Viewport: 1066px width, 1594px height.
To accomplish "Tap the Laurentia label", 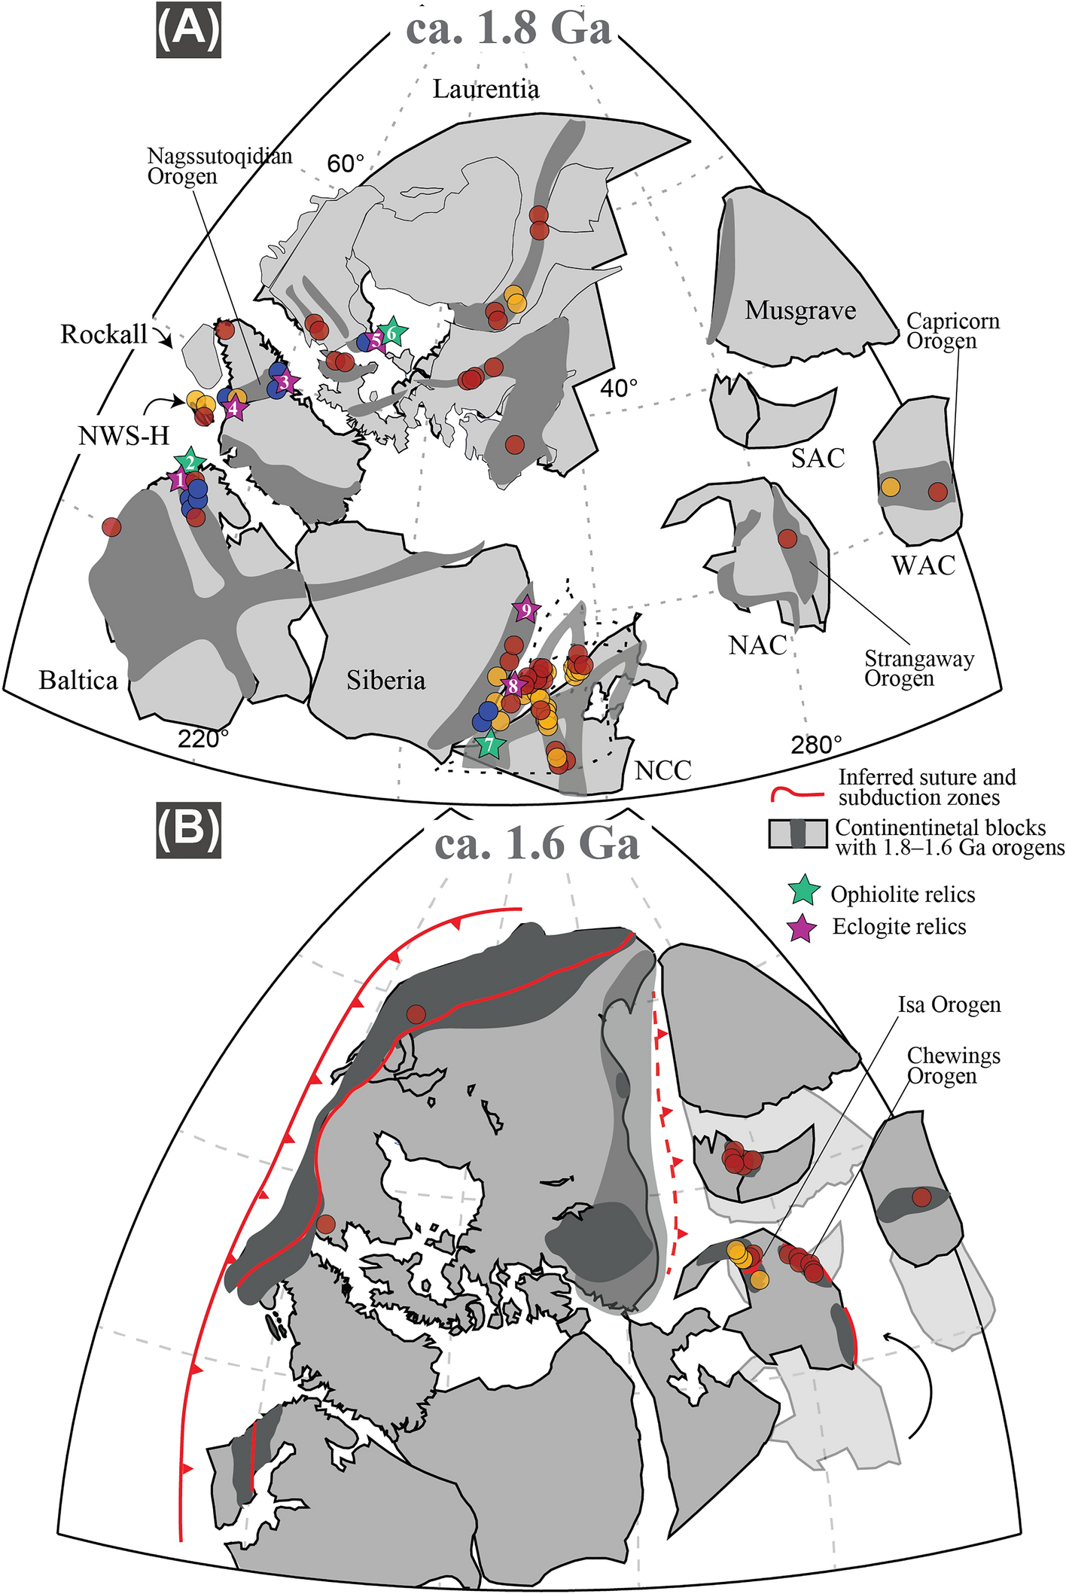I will point(486,90).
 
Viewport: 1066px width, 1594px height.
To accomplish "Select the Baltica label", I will point(78,681).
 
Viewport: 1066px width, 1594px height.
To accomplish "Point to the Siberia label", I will point(386,681).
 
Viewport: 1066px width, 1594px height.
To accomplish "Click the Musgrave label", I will point(800,310).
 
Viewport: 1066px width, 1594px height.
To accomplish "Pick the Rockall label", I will point(104,334).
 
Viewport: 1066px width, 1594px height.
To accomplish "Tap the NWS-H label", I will point(124,435).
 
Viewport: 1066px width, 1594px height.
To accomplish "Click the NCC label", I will point(662,770).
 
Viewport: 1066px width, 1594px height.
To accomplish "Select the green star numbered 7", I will point(490,745).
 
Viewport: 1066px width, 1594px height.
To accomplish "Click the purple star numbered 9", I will point(526,609).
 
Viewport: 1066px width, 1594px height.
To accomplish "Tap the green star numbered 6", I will point(391,331).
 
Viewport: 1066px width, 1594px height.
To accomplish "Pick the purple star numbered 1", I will point(179,479).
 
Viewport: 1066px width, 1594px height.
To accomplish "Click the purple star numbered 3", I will point(284,382).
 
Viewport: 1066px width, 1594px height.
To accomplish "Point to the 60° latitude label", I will point(346,163).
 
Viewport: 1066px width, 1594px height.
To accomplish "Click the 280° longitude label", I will point(816,745).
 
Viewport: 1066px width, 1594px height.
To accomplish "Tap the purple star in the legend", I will point(803,927).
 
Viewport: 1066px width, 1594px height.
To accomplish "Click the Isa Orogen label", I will point(949,1005).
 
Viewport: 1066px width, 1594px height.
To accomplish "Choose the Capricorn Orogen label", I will point(952,331).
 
